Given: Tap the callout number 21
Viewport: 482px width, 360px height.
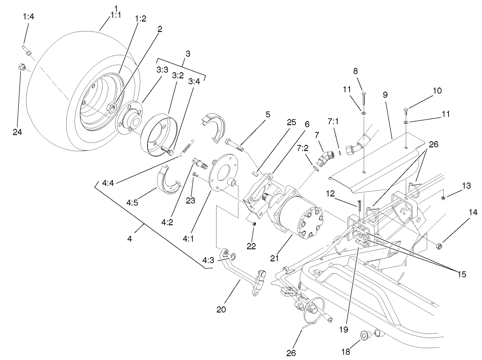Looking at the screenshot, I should point(275,258).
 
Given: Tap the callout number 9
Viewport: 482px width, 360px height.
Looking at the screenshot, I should point(385,95).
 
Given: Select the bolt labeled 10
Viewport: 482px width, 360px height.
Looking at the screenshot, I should point(407,110).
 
